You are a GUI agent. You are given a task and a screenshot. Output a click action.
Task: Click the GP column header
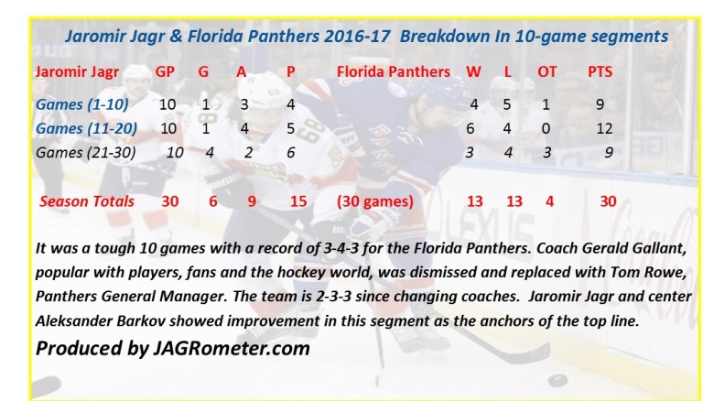point(165,70)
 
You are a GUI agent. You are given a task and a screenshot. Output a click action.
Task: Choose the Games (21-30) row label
point(84,152)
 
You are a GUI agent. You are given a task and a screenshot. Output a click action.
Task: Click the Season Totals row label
point(87,200)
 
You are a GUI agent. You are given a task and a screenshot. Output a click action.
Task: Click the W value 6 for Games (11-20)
point(470,128)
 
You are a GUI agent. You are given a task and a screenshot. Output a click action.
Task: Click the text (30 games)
point(375,200)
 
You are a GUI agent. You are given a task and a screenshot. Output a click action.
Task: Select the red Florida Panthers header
point(394,70)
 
